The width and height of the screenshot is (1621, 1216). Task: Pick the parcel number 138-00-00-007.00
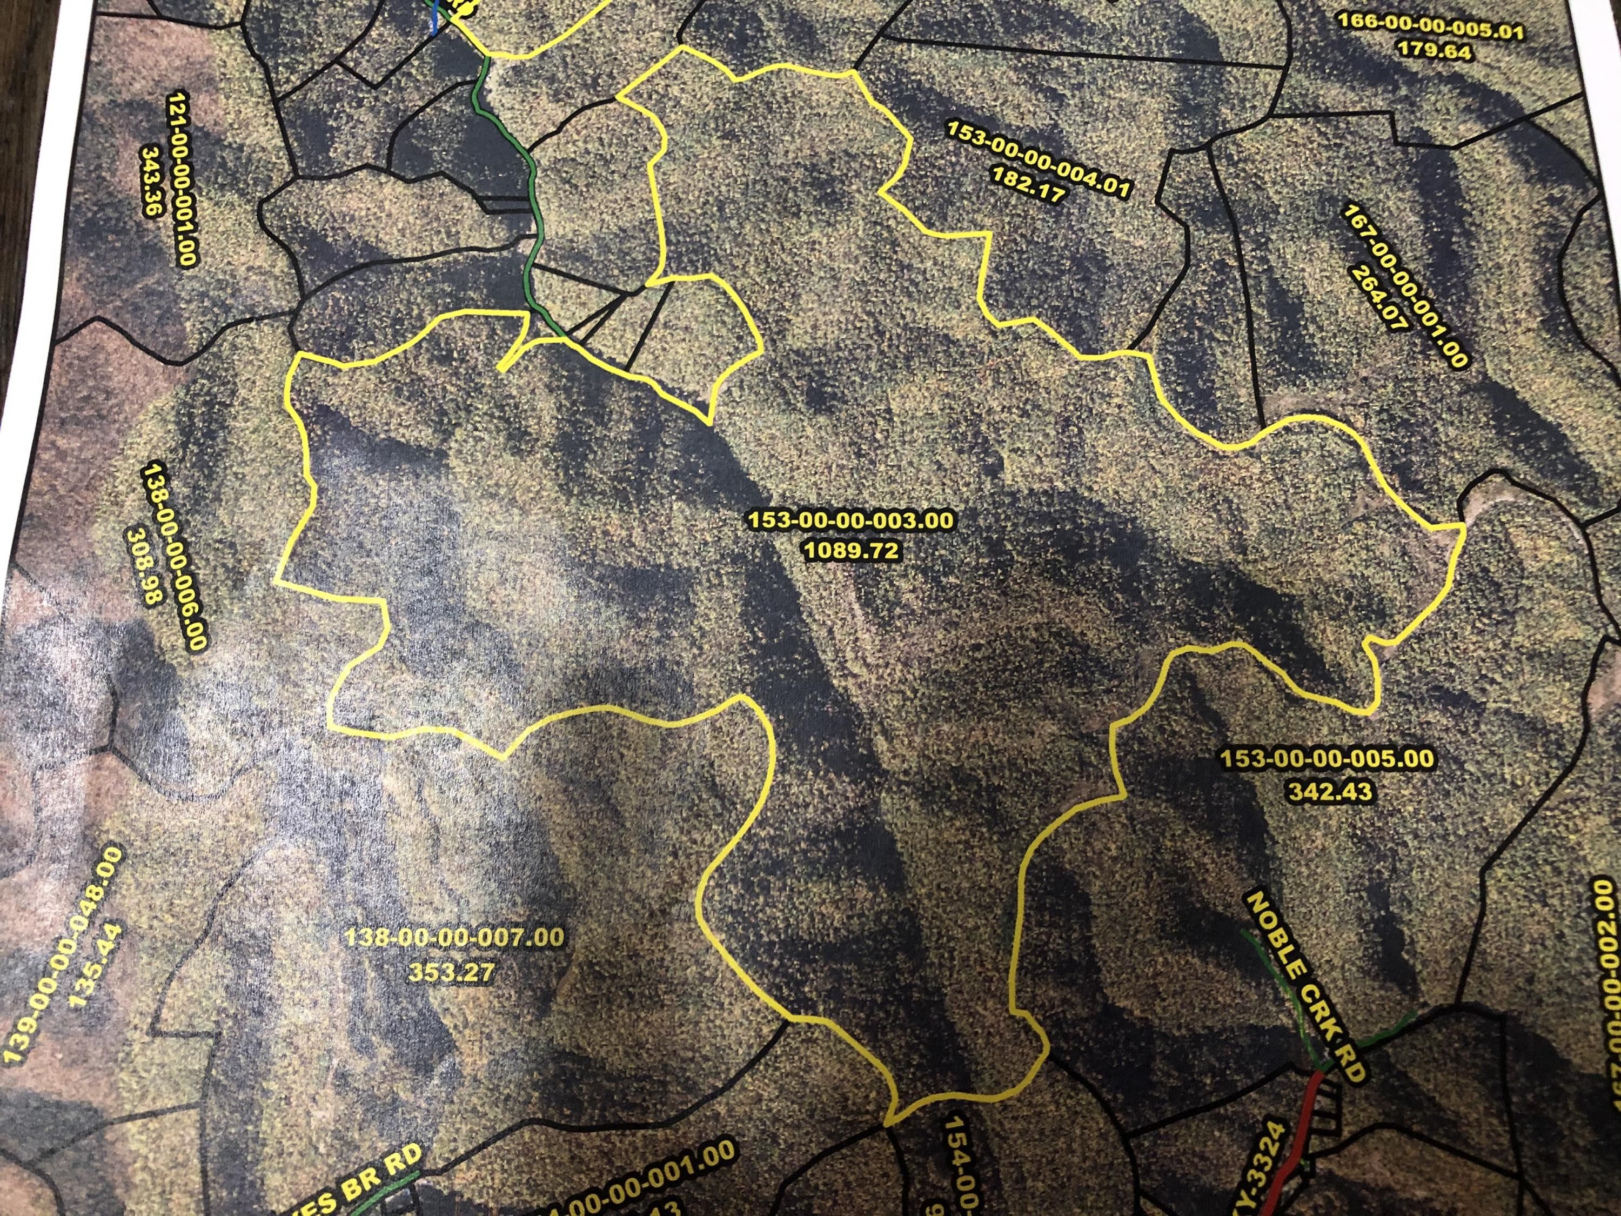click(x=454, y=938)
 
